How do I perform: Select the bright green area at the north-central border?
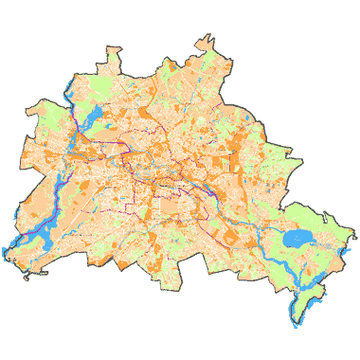[x=171, y=68]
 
